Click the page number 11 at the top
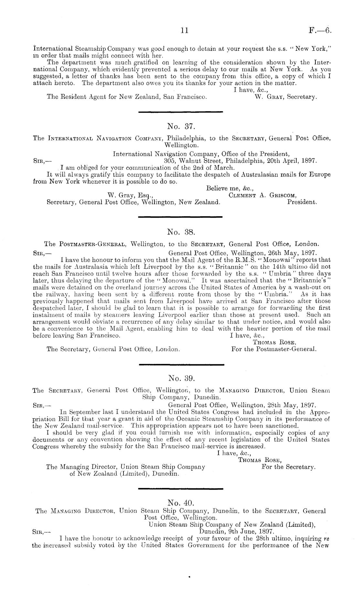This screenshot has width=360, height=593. (x=185, y=31)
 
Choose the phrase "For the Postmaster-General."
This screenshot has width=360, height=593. (x=274, y=349)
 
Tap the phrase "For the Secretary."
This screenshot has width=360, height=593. (x=288, y=467)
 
